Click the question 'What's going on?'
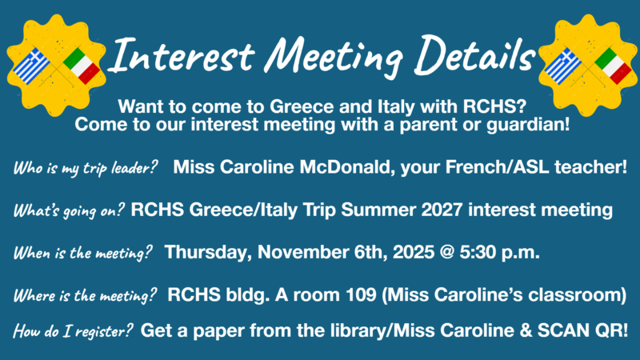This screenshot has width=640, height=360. click(69, 212)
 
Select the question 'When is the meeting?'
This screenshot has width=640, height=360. click(83, 254)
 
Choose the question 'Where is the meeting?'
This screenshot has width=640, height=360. click(85, 296)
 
